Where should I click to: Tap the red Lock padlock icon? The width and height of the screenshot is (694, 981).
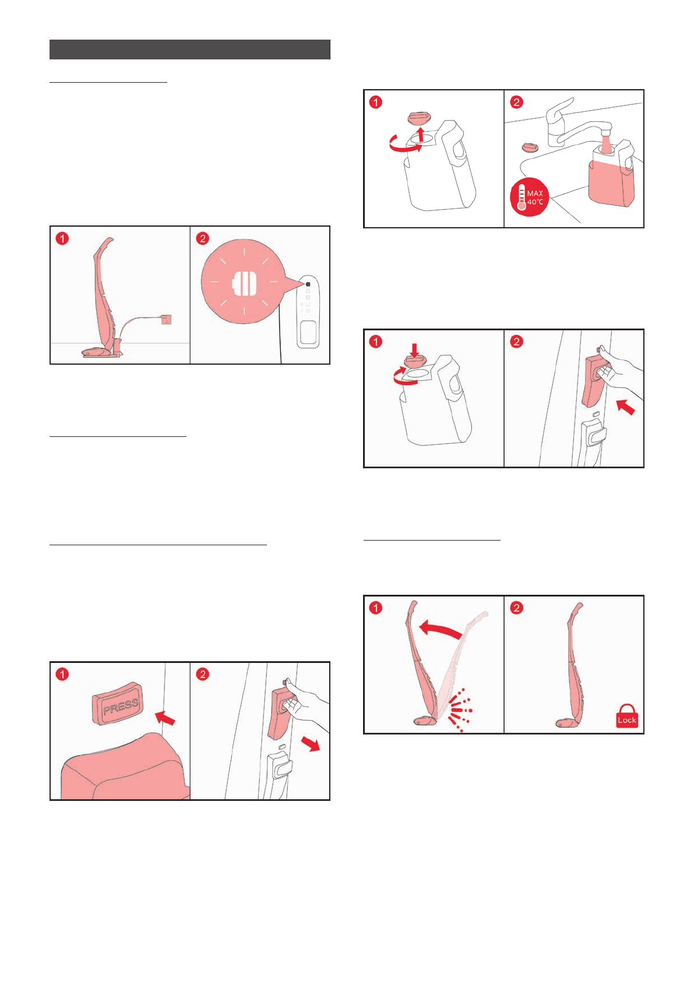[x=626, y=716]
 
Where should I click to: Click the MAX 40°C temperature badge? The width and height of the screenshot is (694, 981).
[x=529, y=197]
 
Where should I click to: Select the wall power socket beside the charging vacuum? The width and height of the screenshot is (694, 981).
[x=166, y=319]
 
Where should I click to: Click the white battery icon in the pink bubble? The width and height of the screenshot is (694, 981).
[x=244, y=283]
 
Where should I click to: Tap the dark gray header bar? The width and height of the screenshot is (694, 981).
[x=190, y=50]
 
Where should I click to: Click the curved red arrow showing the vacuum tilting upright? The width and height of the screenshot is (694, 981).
[x=440, y=629]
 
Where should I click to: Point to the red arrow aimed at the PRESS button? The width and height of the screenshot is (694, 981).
[x=165, y=718]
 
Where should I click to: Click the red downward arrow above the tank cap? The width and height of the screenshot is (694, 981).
[x=414, y=350]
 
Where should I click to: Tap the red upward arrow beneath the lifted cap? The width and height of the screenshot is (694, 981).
[x=420, y=134]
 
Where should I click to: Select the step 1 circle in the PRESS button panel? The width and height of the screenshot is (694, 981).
[x=62, y=674]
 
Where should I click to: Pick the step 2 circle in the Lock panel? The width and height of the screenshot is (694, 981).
[x=516, y=608]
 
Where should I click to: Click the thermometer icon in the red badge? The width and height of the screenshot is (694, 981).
[x=522, y=197]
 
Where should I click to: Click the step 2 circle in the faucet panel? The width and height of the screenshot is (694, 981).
[x=516, y=102]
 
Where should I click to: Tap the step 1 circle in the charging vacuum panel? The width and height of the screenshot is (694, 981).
[x=62, y=238]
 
